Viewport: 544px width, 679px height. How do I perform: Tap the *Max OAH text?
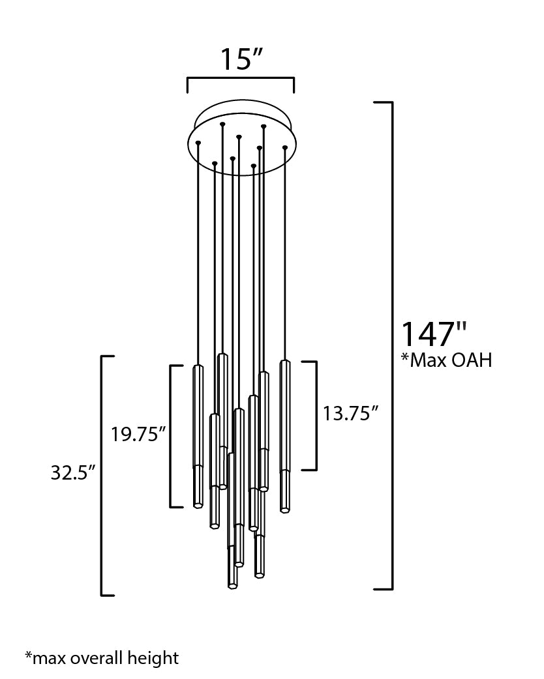pyautogui.click(x=446, y=360)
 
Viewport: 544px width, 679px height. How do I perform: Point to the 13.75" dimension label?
pyautogui.click(x=351, y=413)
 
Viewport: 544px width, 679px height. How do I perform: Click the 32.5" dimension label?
pyautogui.click(x=73, y=472)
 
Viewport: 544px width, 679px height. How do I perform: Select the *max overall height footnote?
pyautogui.click(x=102, y=657)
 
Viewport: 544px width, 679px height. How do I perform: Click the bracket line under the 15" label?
pyautogui.click(x=241, y=78)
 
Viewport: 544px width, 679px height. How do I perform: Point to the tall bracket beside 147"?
pyautogui.click(x=392, y=345)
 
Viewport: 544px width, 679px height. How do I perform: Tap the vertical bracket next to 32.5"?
pyautogui.click(x=102, y=476)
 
